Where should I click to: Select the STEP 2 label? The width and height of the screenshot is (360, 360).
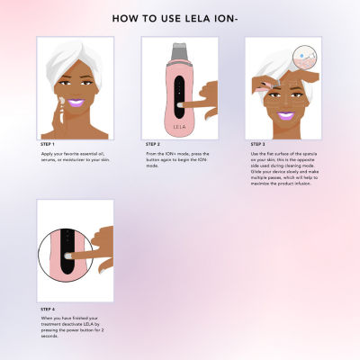(154, 143)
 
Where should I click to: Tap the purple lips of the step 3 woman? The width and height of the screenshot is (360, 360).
(285, 116)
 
